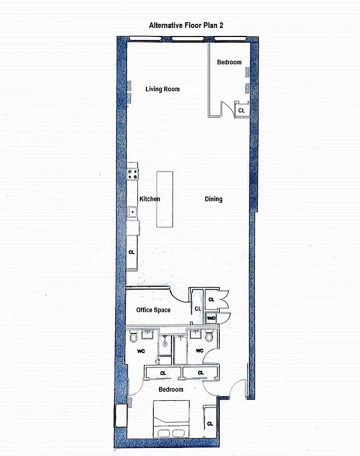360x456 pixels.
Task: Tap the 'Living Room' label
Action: [x=162, y=89]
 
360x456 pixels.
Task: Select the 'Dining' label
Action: [x=214, y=199]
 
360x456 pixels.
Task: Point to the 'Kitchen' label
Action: [x=150, y=199]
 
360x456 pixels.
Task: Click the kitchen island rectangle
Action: [x=165, y=199]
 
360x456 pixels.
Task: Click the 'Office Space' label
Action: [x=153, y=310]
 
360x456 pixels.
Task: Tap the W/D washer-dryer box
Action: [x=211, y=318]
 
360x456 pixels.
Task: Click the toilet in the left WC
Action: [x=133, y=338]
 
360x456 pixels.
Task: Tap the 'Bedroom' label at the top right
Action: [x=229, y=62]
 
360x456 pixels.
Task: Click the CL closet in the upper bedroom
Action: [x=242, y=109]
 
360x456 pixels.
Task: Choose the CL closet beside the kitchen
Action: [x=132, y=252]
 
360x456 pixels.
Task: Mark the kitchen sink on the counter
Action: [x=132, y=212]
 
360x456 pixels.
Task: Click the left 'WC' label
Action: [x=141, y=351]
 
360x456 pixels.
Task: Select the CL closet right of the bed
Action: [x=210, y=423]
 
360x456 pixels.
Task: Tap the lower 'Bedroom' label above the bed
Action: [x=171, y=390]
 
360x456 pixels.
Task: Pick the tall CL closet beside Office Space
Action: [x=198, y=308]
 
